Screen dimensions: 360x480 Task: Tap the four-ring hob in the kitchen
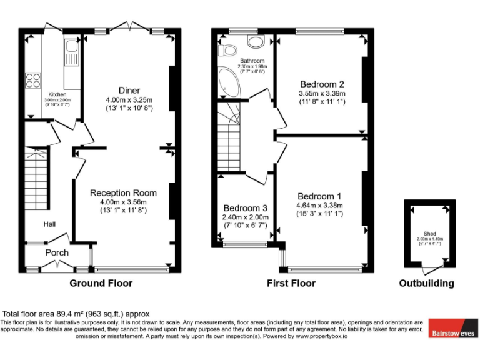(x=32, y=80)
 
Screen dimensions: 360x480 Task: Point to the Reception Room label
(x=123, y=193)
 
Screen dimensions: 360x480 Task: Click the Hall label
(x=51, y=224)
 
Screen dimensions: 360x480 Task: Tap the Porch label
(x=57, y=252)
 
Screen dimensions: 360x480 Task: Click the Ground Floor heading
(x=101, y=283)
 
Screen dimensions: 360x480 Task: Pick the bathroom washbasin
(x=256, y=42)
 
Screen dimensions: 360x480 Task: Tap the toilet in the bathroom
(x=228, y=50)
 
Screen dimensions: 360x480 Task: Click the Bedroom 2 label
(x=322, y=84)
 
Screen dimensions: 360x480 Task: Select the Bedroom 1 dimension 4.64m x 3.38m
(x=320, y=205)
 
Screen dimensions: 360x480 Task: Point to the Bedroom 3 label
(x=246, y=208)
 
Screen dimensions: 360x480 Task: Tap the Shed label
(x=429, y=234)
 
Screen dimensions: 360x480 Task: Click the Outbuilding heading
(x=427, y=283)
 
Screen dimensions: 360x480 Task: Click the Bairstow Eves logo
(x=453, y=332)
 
